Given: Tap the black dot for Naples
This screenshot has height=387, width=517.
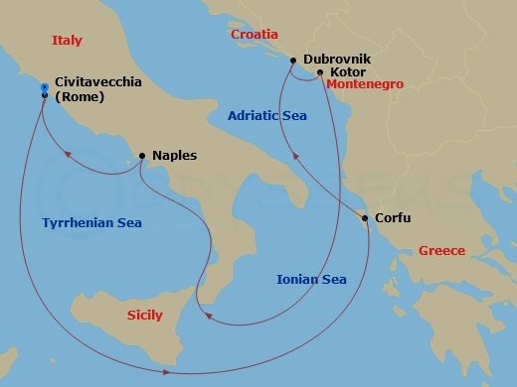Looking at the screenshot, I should point(142,156).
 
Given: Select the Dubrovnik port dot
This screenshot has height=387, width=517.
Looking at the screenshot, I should point(293,61).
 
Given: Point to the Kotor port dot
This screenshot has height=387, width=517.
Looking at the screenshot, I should point(320,72).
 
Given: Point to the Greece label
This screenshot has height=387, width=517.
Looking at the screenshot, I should point(441,250).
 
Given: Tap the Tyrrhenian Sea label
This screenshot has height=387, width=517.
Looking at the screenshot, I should point(91,223).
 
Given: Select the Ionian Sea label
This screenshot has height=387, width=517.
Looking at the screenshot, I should point(310,279).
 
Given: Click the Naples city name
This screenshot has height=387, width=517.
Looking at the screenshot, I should point(174,156).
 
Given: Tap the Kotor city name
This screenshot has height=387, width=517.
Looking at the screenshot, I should point(347,72).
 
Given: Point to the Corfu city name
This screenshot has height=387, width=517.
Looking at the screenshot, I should point(392,218).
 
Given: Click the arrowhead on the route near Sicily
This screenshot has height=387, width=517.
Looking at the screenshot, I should point(205,318).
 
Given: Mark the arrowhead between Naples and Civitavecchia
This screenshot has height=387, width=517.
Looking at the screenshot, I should point(67,153).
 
